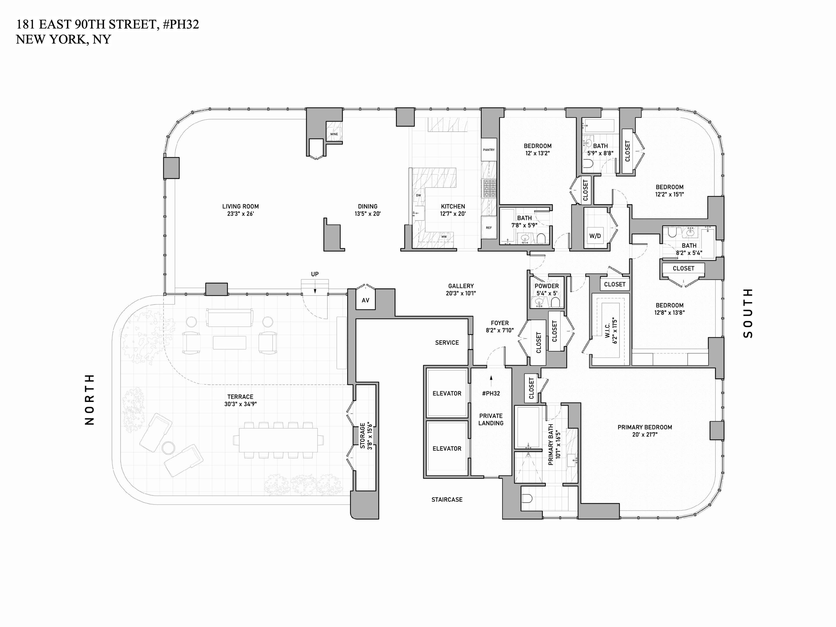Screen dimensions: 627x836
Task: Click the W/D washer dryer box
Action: [x=595, y=236]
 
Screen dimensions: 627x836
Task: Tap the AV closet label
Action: [x=365, y=300]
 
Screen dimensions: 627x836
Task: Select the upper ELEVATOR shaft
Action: [x=447, y=393]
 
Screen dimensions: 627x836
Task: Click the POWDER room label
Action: [x=547, y=286]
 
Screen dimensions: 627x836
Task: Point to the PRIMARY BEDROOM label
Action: [x=645, y=427]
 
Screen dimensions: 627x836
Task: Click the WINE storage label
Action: [x=334, y=134]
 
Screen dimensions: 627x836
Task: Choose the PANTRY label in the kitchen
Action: [x=489, y=150]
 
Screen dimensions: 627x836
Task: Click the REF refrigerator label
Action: [x=489, y=228]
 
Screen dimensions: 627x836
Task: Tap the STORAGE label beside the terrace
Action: [x=363, y=436]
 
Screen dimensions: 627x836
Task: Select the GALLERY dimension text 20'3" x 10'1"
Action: [x=461, y=293]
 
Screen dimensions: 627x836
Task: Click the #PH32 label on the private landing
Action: [x=491, y=393]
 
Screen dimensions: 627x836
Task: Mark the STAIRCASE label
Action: [x=447, y=500]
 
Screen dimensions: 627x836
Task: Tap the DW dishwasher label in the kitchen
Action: [x=418, y=195]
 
